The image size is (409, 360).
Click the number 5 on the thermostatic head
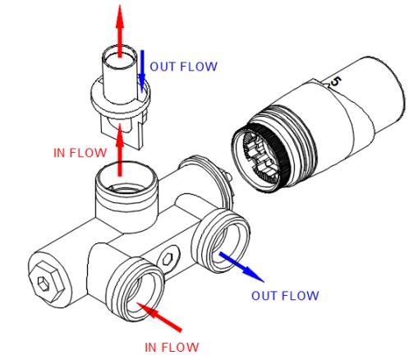(336, 82)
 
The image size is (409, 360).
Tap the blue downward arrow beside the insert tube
(142, 71)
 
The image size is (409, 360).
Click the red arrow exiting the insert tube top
(120, 31)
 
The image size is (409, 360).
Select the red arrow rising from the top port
(120, 150)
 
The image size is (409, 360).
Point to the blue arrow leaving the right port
(241, 267)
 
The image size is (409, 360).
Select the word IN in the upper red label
(60, 153)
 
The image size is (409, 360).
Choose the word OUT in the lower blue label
(263, 296)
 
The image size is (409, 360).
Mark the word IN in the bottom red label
(151, 348)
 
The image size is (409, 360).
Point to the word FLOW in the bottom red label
(179, 348)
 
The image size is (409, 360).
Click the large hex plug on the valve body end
(46, 283)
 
